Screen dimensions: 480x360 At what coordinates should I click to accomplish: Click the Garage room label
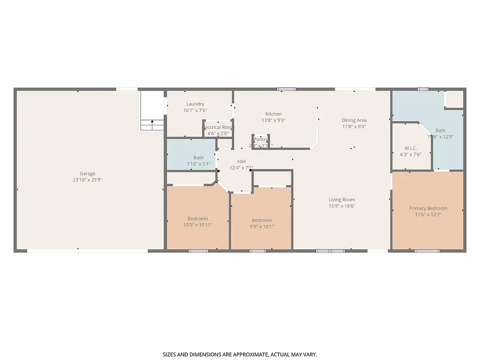coord(87,173)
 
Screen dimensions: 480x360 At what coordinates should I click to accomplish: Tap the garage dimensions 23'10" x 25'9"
coord(87,180)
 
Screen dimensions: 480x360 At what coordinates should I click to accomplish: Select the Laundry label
coord(195,104)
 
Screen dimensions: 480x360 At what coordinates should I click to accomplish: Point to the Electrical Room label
coord(218,127)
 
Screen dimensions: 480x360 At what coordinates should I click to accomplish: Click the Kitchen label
coord(273,114)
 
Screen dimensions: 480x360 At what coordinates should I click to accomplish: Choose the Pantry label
coord(261,139)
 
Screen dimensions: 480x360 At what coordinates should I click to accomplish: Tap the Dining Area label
coord(354,120)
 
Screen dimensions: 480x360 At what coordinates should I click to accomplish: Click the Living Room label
coord(342,200)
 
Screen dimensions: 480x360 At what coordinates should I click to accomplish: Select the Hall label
coord(241,161)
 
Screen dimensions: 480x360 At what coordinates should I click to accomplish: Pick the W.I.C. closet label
coord(411,148)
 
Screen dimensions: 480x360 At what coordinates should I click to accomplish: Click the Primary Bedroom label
coord(428,208)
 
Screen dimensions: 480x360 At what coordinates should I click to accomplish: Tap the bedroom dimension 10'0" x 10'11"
coord(198,225)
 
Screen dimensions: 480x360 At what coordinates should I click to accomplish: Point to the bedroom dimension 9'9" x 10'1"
coord(262,227)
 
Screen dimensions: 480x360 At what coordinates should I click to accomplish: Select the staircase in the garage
coord(152,111)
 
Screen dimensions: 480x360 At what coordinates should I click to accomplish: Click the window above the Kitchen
coord(286,89)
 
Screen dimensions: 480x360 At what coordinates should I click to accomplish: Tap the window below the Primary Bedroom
coord(427,251)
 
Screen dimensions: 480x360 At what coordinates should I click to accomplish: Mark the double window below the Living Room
coord(330,251)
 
